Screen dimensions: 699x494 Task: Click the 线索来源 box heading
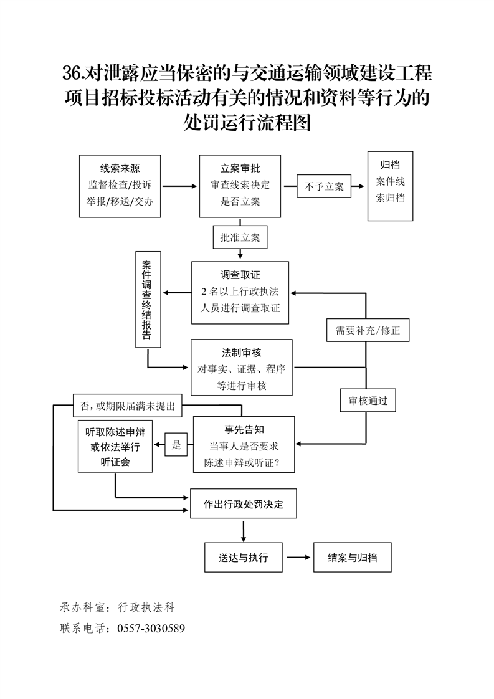point(120,168)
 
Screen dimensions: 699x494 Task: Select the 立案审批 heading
point(240,168)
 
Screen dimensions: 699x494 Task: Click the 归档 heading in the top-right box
point(390,165)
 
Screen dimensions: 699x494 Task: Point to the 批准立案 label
point(240,237)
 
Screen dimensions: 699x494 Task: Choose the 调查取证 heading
point(240,275)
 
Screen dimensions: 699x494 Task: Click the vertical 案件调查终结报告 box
point(148,299)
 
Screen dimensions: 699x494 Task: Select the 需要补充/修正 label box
point(368,331)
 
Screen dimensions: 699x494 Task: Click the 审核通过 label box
point(368,401)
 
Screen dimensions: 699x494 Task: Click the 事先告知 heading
point(244,430)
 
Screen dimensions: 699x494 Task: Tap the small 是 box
point(176,445)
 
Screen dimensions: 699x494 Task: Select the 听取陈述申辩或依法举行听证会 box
point(115,447)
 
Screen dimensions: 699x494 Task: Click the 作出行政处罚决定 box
point(243,505)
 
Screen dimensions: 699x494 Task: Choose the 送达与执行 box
point(244,558)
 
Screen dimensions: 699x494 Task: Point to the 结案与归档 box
point(353,558)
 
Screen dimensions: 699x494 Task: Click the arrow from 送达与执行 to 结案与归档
point(298,558)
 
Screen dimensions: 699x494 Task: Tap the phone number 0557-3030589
point(151,629)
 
